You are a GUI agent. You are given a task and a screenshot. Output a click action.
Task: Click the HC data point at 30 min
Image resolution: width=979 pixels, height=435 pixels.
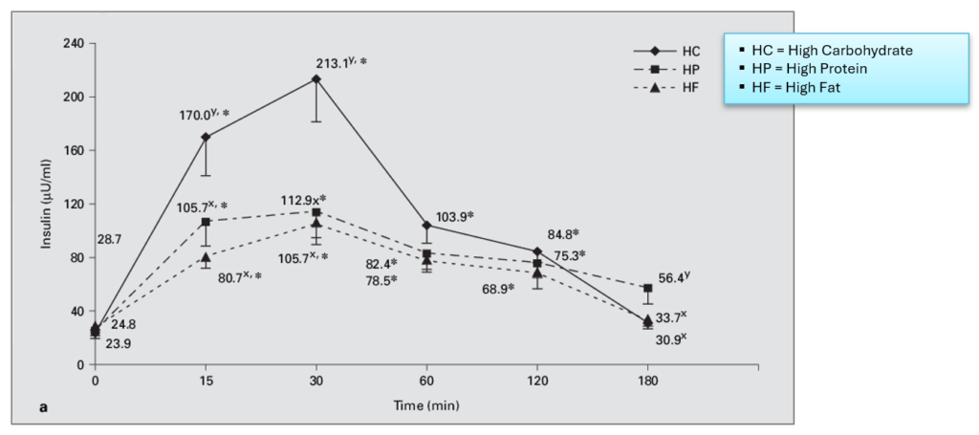(316, 78)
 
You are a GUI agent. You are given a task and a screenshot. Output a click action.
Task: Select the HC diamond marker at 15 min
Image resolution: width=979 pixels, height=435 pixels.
(206, 137)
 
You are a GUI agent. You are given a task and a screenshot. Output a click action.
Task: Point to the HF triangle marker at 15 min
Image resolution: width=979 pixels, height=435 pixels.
(206, 256)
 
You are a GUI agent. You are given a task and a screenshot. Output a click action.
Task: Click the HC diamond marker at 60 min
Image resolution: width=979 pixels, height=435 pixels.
(426, 226)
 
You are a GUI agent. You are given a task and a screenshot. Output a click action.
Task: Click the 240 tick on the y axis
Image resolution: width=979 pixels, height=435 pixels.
(74, 43)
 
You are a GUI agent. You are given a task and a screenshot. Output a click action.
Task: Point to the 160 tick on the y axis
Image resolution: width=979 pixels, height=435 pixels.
(74, 150)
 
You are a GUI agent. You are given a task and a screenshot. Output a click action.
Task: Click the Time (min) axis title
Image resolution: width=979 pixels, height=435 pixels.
(426, 405)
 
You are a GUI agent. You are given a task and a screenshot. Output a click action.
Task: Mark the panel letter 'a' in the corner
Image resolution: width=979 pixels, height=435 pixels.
(43, 407)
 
